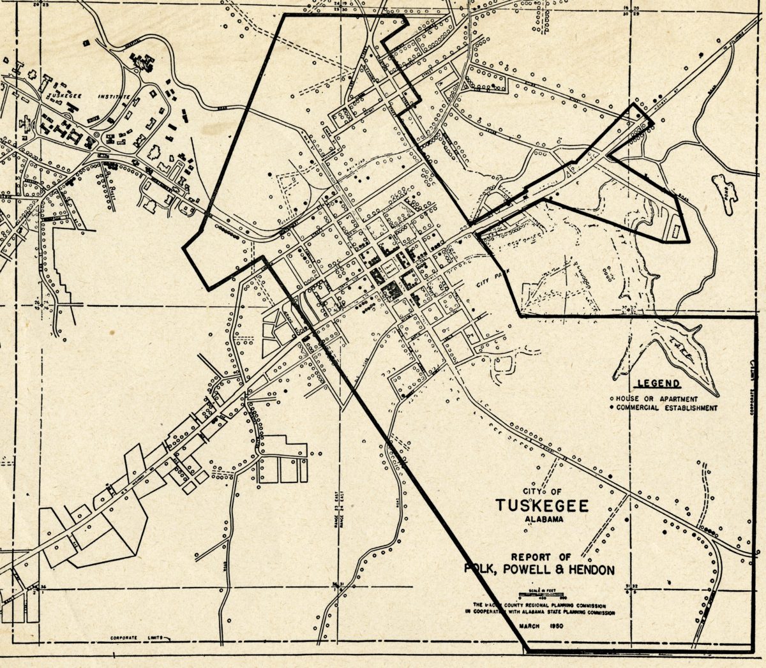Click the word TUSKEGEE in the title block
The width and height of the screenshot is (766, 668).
(542, 506)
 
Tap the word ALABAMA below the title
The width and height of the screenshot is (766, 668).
(544, 520)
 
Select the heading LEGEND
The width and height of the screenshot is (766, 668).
(657, 384)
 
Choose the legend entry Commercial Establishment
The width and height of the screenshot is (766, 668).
(663, 408)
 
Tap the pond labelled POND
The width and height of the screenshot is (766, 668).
(725, 189)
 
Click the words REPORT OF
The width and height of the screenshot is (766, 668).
(541, 557)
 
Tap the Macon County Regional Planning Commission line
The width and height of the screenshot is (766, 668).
(540, 605)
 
